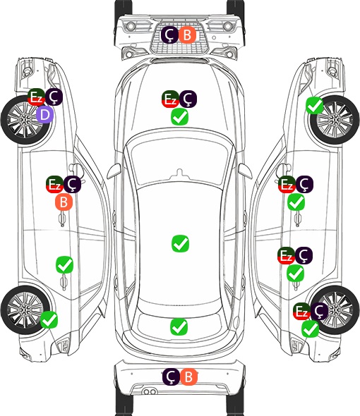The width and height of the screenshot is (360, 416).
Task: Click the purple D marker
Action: click(x=45, y=115)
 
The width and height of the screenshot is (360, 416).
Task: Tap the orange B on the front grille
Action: click(x=187, y=35)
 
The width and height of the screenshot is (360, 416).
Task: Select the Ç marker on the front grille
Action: click(x=169, y=35)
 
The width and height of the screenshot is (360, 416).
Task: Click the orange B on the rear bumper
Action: click(x=188, y=377)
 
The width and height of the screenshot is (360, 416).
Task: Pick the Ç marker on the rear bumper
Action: click(x=171, y=377)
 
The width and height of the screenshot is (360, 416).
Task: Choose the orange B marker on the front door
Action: click(x=64, y=202)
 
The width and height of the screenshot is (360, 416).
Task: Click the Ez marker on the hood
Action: click(x=170, y=99)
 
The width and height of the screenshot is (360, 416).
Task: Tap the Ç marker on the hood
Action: click(x=188, y=99)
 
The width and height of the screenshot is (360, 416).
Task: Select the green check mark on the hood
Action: click(x=179, y=117)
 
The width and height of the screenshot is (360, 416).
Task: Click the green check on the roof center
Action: click(x=181, y=243)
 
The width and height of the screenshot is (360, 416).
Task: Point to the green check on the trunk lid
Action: click(x=179, y=326)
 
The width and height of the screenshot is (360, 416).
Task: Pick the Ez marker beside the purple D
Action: click(x=36, y=97)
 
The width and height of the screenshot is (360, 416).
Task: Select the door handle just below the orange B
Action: click(x=62, y=219)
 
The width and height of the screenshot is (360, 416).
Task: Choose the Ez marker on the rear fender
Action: click(x=301, y=311)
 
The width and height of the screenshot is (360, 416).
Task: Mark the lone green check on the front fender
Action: click(x=315, y=106)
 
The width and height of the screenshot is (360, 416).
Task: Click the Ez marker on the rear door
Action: click(x=286, y=255)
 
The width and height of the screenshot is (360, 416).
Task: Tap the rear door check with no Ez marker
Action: click(x=64, y=264)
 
